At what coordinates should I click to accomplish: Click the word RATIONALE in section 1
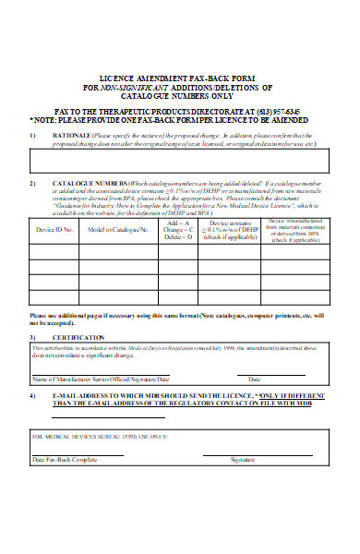(x=73, y=136)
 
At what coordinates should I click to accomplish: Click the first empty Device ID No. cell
(x=54, y=250)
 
